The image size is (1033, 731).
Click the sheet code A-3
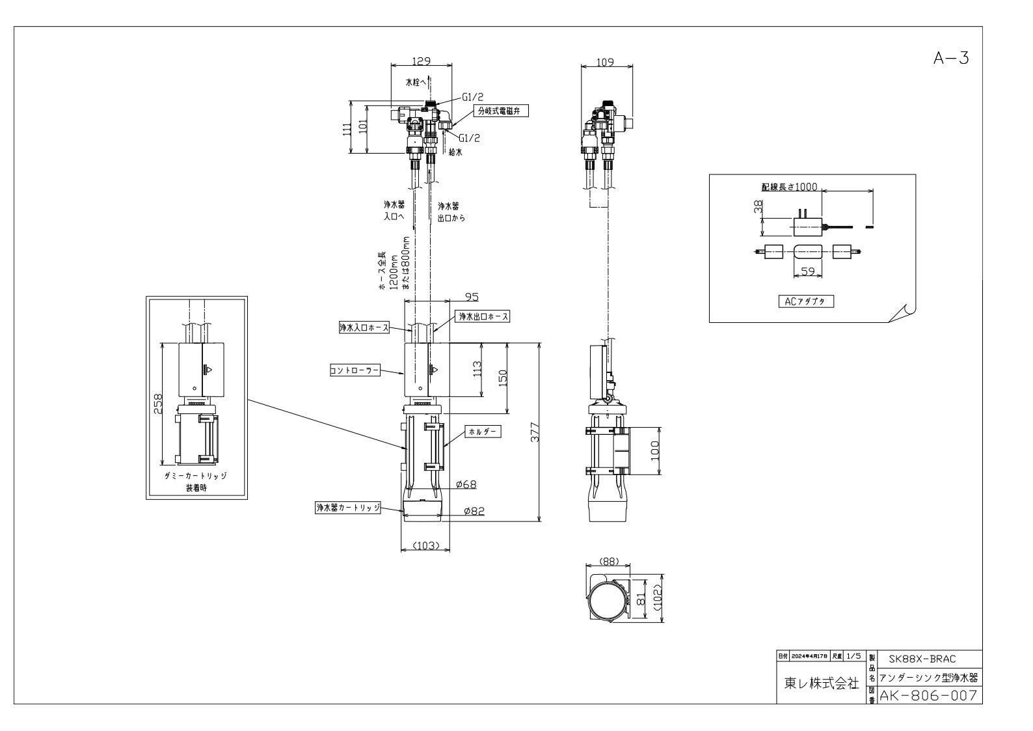[x=951, y=58]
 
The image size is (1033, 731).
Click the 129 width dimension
[x=421, y=61]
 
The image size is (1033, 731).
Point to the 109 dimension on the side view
[x=605, y=62]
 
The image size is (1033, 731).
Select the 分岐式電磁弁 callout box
[x=502, y=111]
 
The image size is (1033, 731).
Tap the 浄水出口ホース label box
[x=483, y=316]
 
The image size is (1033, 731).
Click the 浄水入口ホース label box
[x=364, y=327]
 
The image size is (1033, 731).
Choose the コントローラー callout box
[x=355, y=370]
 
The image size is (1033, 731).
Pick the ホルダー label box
[x=483, y=432]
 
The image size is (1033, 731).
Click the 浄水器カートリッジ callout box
[x=348, y=508]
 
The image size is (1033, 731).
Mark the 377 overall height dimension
[x=535, y=432]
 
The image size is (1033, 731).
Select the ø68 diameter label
[x=466, y=484]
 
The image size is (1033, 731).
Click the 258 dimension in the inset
[x=157, y=404]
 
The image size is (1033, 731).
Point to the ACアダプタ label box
[x=806, y=301]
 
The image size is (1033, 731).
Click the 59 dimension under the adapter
[x=808, y=271]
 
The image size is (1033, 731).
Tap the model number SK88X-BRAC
[x=922, y=659]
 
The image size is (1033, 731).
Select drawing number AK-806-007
[x=928, y=695]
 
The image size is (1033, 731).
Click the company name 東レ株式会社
[x=822, y=683]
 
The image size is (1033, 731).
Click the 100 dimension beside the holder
[x=655, y=451]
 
